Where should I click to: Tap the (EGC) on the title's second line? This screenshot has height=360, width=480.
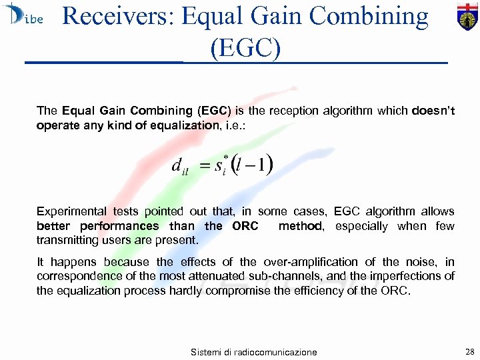tap(245, 48)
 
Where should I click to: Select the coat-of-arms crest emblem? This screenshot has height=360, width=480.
tap(467, 16)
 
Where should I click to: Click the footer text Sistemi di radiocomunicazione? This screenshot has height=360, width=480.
tap(253, 352)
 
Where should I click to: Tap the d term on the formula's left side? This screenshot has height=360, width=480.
tap(177, 165)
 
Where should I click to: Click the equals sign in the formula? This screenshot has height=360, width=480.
tap(205, 165)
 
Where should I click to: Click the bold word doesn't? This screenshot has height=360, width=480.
tap(433, 111)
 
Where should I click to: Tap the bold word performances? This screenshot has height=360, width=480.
tap(121, 226)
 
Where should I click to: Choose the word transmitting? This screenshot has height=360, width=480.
tap(66, 240)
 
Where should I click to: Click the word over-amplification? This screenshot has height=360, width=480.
tap(317, 262)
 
